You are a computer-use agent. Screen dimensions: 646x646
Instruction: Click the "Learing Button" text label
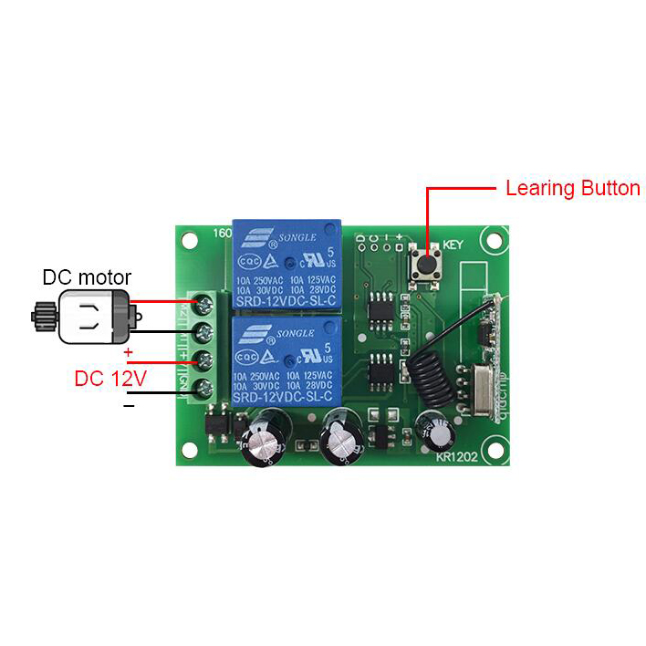point(572,189)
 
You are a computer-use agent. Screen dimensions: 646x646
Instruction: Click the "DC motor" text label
point(87,277)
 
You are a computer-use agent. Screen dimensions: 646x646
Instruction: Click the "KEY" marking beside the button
point(454,245)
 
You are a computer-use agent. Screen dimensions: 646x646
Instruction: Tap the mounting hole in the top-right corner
point(495,241)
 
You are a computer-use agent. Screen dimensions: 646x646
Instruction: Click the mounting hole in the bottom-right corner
point(496,449)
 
